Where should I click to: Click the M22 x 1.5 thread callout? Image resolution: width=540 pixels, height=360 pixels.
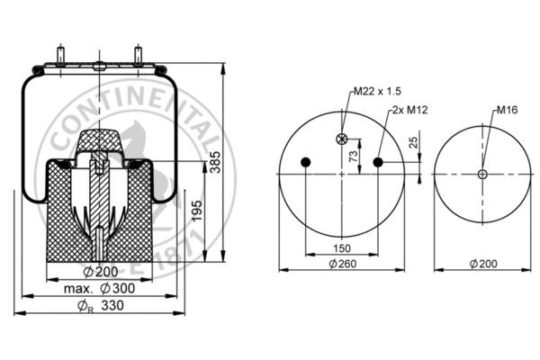(378, 91)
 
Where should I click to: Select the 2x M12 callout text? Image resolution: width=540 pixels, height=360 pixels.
(409, 110)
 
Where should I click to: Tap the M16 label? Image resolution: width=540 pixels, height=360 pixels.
(507, 110)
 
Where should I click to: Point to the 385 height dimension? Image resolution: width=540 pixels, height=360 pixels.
(216, 162)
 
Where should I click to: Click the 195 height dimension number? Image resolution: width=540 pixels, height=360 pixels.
(197, 211)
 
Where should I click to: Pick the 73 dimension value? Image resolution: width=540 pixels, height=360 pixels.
(354, 156)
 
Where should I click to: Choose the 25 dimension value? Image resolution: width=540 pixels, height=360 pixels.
(414, 142)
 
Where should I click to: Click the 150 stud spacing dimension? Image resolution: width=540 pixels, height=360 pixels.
(342, 248)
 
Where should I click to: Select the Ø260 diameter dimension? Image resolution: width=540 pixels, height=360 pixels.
(342, 264)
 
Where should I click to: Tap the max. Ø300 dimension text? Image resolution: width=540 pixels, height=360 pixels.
(99, 289)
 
